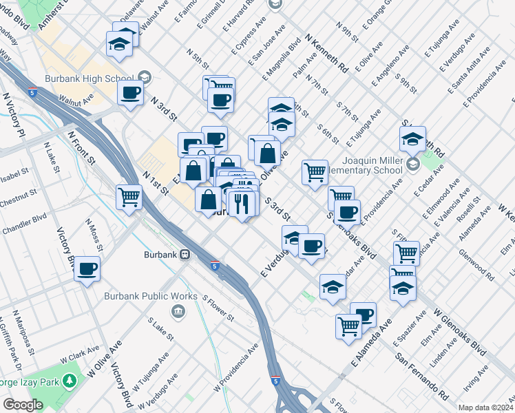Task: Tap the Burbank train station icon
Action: (x=185, y=255)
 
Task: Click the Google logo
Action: (x=23, y=405)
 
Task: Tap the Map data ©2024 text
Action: (x=485, y=407)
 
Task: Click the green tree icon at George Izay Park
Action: (x=69, y=380)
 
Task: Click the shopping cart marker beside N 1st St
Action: (x=129, y=197)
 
